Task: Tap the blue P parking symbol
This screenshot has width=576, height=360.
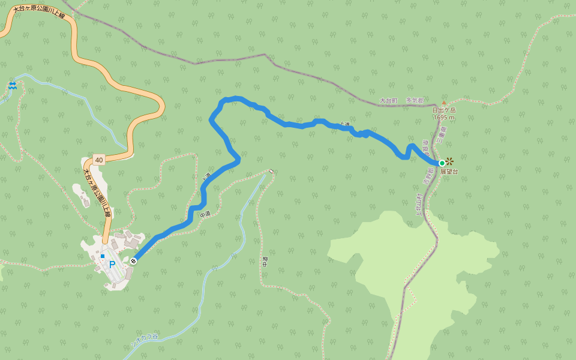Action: coord(112,264)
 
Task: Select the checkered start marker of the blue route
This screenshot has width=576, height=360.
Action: coord(133,260)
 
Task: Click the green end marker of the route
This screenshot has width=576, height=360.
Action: coord(442,163)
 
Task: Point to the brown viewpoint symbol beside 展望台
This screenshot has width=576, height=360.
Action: coord(449,161)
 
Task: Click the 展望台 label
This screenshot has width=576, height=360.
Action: coord(449,172)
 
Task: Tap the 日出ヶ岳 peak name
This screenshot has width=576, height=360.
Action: coord(444,110)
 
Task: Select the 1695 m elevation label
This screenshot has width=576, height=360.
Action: coord(444,118)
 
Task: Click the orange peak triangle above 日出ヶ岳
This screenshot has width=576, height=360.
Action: coord(444,103)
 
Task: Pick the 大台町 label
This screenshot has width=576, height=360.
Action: coord(389,101)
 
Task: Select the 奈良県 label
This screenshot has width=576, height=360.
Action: coord(425,146)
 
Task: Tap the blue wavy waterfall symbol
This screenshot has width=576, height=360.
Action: coord(13,86)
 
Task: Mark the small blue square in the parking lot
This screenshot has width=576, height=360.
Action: coord(103,256)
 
